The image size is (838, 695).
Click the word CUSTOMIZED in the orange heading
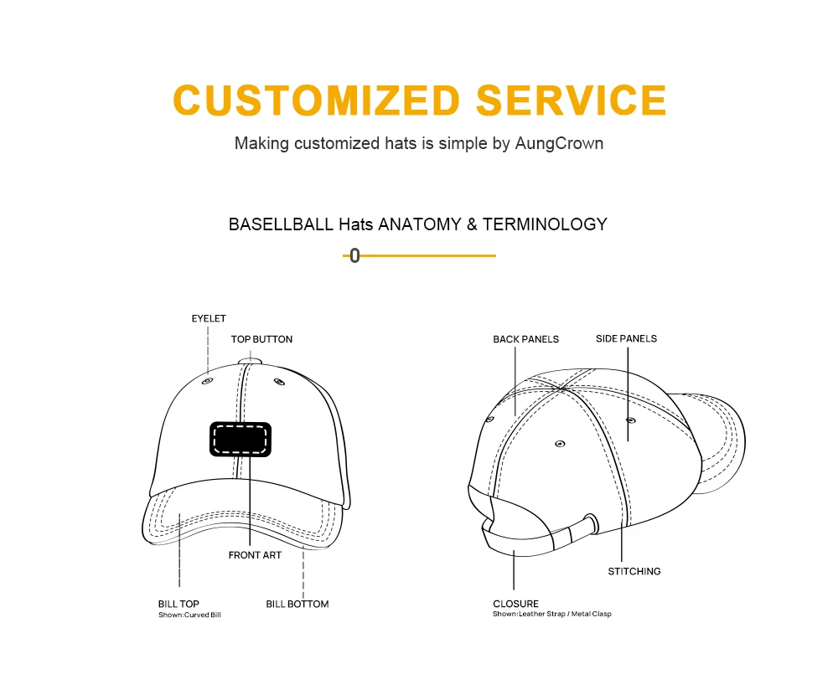coord(317,100)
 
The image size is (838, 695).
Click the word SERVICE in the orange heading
coord(572,100)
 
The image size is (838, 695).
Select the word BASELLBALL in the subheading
coord(282,224)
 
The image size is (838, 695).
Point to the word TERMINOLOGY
coord(545,224)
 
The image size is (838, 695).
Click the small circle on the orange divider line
coord(354,256)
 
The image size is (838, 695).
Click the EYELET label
coord(209,319)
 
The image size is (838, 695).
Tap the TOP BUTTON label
coord(261,339)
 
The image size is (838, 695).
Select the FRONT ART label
coord(255,555)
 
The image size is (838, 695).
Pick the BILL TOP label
coord(178,604)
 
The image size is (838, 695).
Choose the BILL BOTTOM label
coord(297,604)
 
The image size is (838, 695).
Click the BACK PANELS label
coord(525,339)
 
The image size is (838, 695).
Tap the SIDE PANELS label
coord(626,338)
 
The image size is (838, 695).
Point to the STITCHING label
coord(634,571)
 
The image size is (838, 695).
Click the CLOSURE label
coord(515,604)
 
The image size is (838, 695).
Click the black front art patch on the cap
coord(240,439)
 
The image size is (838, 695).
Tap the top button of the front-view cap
coord(249,360)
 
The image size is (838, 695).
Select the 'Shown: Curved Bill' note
coord(189,615)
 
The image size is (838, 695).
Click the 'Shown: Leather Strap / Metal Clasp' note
coord(551,615)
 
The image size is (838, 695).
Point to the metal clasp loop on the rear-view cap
coord(590,523)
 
